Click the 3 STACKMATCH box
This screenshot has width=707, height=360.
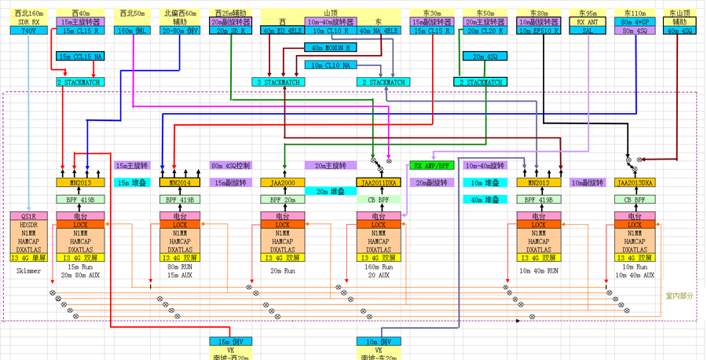tap(277, 82)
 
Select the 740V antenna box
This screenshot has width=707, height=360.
tap(27, 31)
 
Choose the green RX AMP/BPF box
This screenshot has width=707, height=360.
tap(431, 166)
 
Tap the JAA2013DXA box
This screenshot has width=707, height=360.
tap(636, 182)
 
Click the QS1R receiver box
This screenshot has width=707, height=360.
tap(29, 215)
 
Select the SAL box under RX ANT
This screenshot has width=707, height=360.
tap(587, 31)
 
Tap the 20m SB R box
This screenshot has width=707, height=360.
tap(229, 31)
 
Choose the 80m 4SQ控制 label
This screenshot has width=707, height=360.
tap(230, 166)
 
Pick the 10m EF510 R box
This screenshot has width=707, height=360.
tap(539, 31)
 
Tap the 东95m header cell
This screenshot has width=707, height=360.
tap(587, 14)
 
